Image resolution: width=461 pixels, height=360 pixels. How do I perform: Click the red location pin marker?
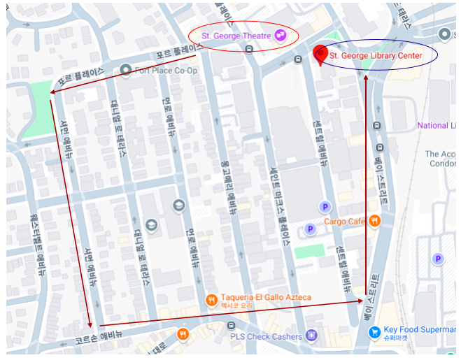(x=321, y=53)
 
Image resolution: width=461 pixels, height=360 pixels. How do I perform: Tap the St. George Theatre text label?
(x=236, y=36)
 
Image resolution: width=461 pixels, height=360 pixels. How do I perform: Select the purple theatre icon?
(x=280, y=35)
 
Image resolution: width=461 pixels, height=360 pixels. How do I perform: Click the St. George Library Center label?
(x=376, y=55)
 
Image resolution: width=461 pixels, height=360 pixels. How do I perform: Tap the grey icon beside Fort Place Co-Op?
(x=126, y=69)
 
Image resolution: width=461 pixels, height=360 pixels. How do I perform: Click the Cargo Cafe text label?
(x=345, y=222)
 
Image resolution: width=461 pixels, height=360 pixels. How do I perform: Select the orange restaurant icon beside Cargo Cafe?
(x=376, y=221)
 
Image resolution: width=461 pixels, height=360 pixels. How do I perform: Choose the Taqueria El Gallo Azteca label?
(x=266, y=298)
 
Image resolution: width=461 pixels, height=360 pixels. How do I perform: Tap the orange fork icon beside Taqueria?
(x=211, y=300)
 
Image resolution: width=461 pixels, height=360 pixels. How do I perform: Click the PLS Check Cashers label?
(x=266, y=336)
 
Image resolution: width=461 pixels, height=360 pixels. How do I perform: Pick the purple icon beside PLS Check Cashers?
(x=311, y=336)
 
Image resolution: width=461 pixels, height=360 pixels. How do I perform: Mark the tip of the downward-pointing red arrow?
(x=89, y=326)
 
